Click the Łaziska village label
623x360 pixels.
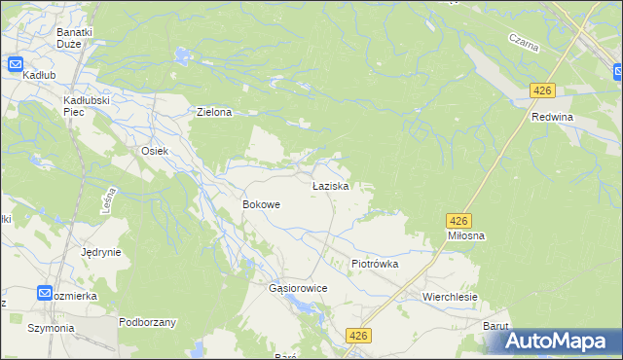pyautogui.click(x=330, y=185)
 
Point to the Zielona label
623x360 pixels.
pyautogui.click(x=214, y=112)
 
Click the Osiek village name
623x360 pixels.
pyautogui.click(x=156, y=151)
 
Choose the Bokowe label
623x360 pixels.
pyautogui.click(x=261, y=205)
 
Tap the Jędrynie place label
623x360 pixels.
pyautogui.click(x=101, y=251)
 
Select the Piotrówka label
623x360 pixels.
pyautogui.click(x=375, y=264)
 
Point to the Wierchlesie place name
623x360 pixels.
pyautogui.click(x=449, y=295)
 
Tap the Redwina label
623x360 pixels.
pyautogui.click(x=552, y=117)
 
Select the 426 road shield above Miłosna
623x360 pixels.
pyautogui.click(x=459, y=221)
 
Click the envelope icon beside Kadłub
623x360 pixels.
pyautogui.click(x=16, y=65)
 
